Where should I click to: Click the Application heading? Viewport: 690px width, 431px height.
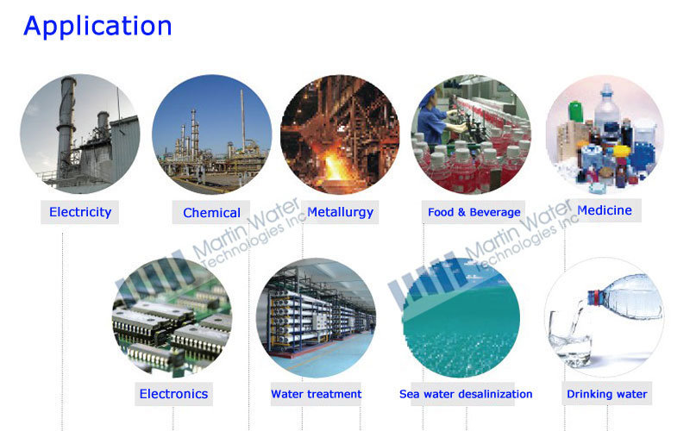[97, 26]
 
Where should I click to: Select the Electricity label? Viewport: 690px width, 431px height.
[80, 211]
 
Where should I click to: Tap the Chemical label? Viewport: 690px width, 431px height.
[211, 212]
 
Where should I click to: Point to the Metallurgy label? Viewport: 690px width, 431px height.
[340, 211]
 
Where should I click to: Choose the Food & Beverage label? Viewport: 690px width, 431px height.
[474, 212]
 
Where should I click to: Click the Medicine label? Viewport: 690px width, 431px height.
[604, 209]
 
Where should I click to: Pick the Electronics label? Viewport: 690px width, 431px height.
[173, 394]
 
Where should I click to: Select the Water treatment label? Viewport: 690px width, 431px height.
[316, 394]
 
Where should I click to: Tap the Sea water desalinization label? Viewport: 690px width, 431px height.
[466, 394]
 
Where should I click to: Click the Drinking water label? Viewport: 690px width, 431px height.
[606, 394]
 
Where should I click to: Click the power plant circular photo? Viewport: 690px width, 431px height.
[79, 134]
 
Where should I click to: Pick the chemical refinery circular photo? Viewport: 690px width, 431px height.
[211, 134]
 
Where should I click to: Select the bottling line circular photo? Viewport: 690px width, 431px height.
[470, 134]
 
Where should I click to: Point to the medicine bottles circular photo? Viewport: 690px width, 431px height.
[604, 134]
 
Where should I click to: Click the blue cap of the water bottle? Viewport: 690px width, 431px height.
[594, 297]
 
